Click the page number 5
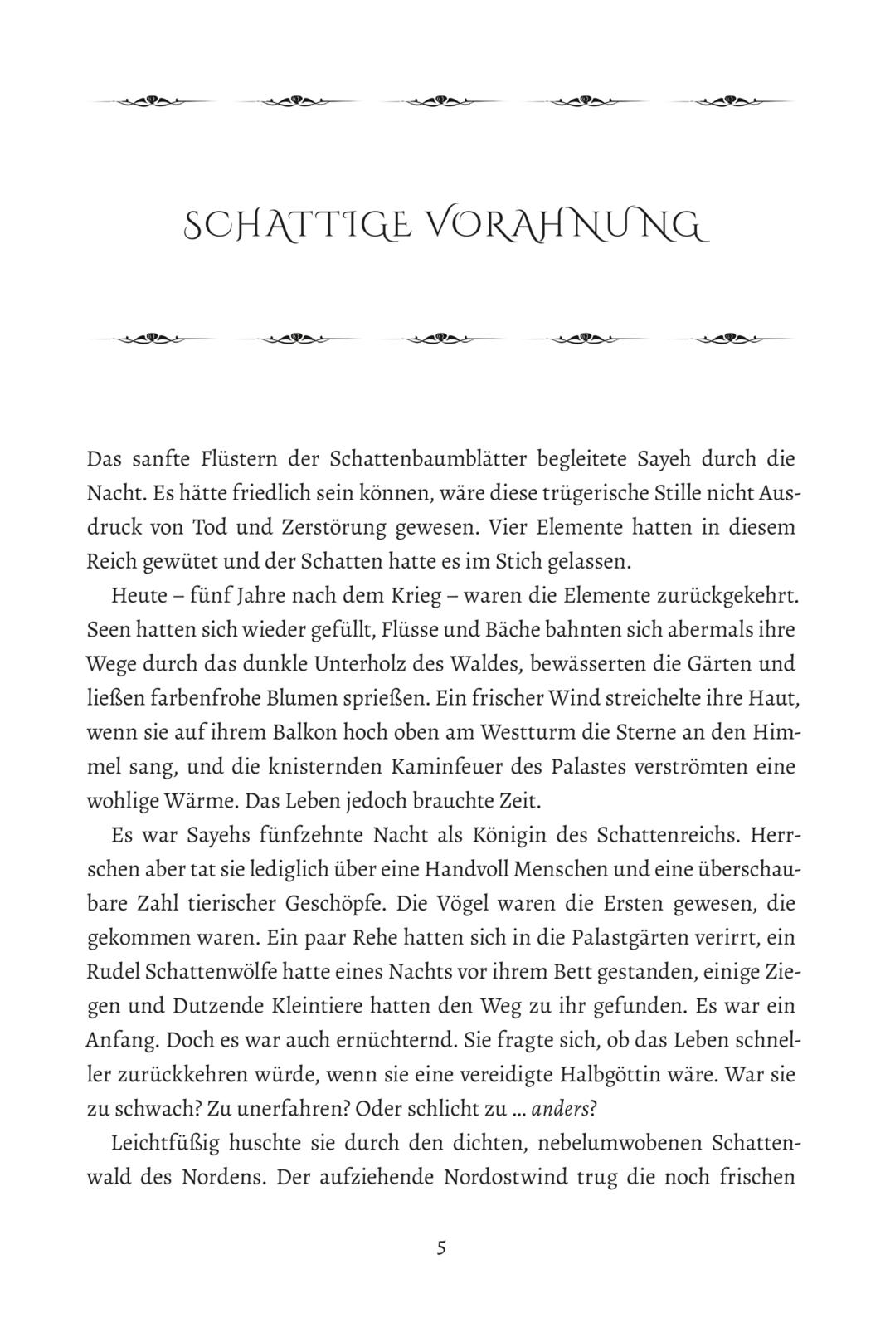coord(440,1247)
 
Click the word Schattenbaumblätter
coord(428,458)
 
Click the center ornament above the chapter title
coord(440,101)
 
